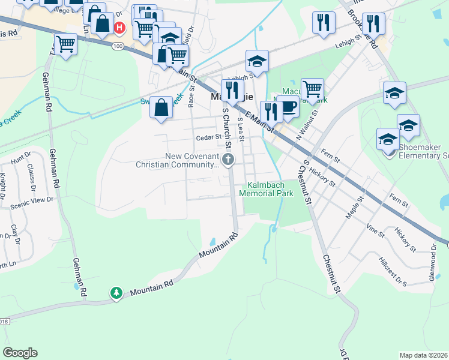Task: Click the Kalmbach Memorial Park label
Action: pos(266,190)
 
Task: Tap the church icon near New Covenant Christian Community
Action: pos(228,160)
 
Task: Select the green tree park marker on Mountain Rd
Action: pos(116,293)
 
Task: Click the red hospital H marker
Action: pos(119,27)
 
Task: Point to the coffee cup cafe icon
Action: pos(288,106)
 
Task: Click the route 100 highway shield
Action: pos(118,46)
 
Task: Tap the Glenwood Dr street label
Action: pos(433,256)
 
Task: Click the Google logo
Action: pos(20,353)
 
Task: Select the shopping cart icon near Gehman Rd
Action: pos(65,44)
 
